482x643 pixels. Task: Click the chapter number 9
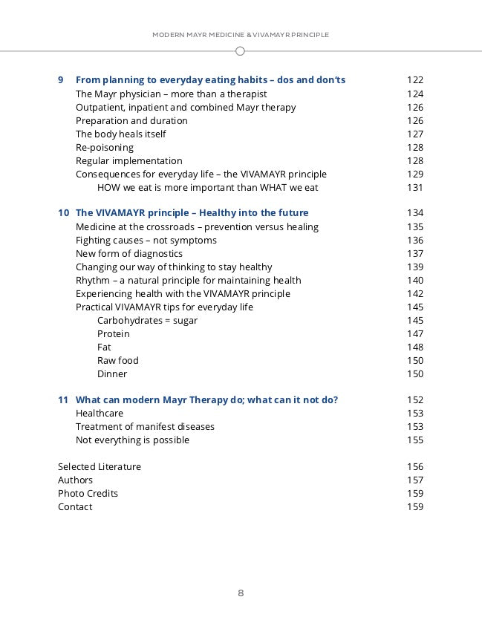[61, 80]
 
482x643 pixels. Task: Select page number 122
[414, 80]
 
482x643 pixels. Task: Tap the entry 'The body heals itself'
[120, 134]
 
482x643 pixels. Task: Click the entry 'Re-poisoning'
[105, 148]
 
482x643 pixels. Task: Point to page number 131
[414, 188]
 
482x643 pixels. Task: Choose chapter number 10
[64, 213]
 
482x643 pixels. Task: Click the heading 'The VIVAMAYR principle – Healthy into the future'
[192, 213]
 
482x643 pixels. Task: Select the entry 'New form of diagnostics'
[128, 254]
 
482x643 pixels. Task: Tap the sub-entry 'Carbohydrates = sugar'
[147, 321]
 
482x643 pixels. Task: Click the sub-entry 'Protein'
[113, 334]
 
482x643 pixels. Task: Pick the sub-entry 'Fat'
[105, 347]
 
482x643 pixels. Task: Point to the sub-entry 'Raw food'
[117, 361]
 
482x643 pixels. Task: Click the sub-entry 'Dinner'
[112, 374]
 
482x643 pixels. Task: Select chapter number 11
[64, 400]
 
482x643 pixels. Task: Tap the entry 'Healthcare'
[100, 414]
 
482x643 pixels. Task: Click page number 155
[414, 440]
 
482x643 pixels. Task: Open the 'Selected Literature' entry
[99, 467]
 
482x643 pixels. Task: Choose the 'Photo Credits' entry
[88, 494]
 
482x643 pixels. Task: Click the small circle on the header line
[240, 51]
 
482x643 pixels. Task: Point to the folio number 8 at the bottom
[241, 593]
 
